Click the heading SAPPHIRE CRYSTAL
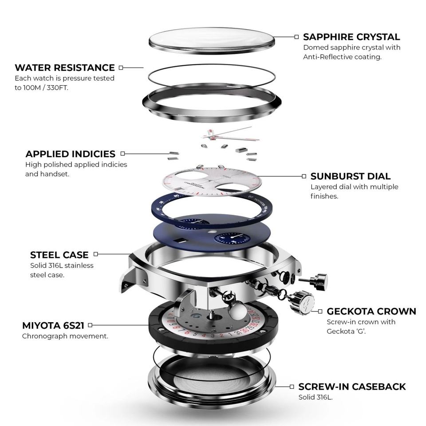(351, 37)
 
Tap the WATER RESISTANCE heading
(65, 68)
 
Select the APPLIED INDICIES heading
(70, 154)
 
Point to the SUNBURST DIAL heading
(351, 176)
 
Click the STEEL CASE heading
(59, 255)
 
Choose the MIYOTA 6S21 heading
(53, 326)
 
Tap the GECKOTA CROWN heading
(371, 311)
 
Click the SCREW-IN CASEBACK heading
(352, 387)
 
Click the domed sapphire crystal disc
(211, 40)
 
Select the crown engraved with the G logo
(302, 302)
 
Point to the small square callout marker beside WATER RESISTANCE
(121, 68)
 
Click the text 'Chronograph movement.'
(65, 336)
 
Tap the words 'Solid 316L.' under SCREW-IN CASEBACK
(316, 397)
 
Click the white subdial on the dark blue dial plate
(232, 238)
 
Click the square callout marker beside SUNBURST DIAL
(304, 176)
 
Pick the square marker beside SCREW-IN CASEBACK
(292, 387)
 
